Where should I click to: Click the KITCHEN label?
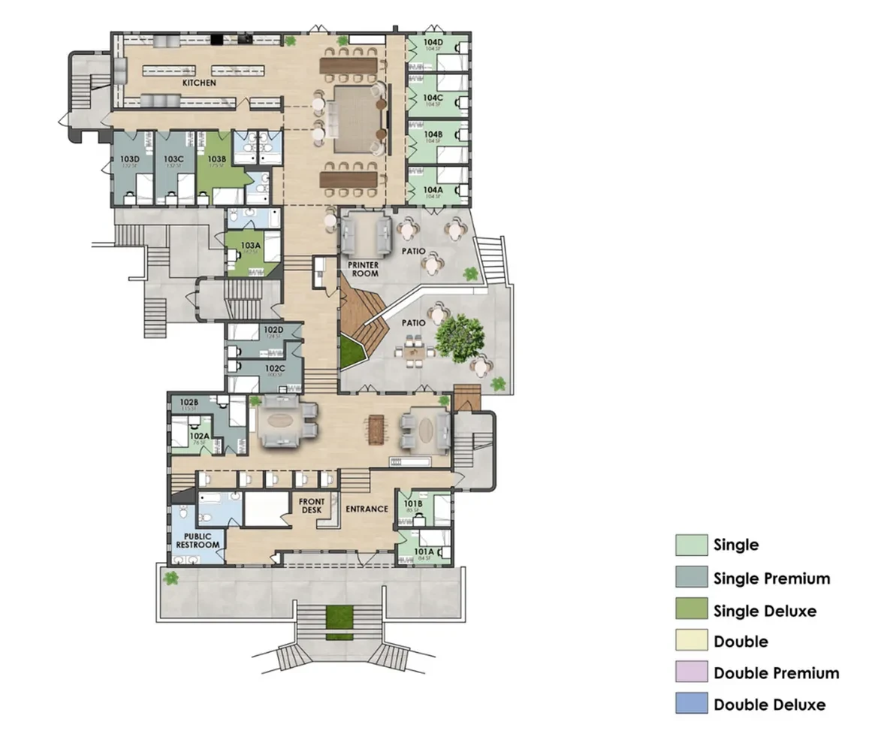[199, 82]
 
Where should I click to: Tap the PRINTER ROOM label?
[362, 269]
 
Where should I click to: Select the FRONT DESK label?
[312, 506]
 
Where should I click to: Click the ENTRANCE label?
[367, 509]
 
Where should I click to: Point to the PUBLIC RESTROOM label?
[198, 539]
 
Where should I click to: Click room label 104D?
[433, 43]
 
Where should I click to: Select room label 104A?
[433, 190]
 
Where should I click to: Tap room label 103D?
[131, 159]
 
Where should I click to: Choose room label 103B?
[217, 159]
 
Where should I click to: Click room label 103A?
[250, 246]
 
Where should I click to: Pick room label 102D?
[272, 330]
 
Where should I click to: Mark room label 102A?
[198, 436]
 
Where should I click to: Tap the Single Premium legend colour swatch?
[691, 578]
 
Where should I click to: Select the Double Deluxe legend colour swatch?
[691, 704]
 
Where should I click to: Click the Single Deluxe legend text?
[765, 610]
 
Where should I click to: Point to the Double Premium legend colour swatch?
[691, 672]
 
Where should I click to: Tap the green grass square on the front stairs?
[339, 617]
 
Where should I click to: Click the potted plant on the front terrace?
[171, 578]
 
